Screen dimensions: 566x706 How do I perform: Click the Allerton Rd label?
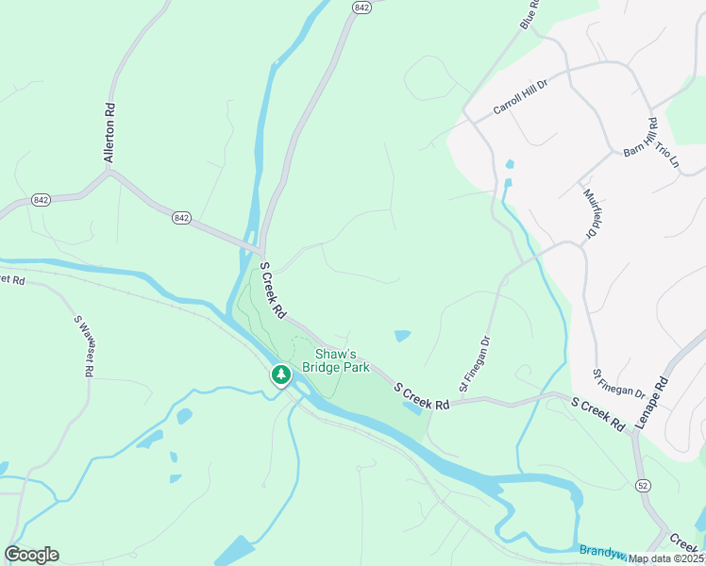(x=110, y=133)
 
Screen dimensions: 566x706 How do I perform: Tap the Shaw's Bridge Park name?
(x=335, y=360)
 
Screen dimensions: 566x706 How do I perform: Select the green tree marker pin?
(x=280, y=375)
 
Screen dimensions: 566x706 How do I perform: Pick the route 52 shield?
(x=643, y=485)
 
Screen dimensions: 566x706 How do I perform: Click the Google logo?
(x=31, y=555)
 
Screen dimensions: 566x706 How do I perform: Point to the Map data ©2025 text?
(x=666, y=558)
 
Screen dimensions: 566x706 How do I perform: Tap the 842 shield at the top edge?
(x=361, y=7)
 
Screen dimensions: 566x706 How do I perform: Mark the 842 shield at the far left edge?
(x=41, y=200)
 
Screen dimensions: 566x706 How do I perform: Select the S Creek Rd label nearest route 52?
(x=598, y=414)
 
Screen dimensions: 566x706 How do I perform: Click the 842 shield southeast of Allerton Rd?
(x=182, y=218)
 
